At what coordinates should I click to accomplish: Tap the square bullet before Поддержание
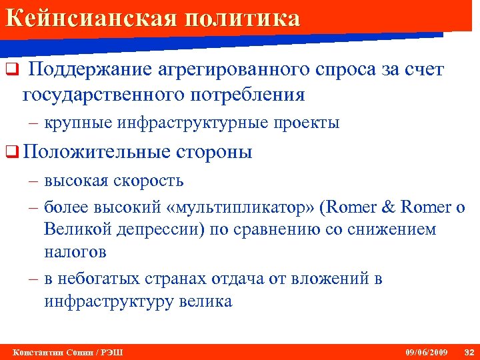[x=10, y=70]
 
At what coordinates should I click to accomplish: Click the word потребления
[x=249, y=95]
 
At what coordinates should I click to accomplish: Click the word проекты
[x=307, y=123]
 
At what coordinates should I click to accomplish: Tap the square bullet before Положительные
[x=10, y=153]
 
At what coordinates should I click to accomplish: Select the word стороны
[x=215, y=152]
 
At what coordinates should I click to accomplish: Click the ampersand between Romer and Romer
[x=387, y=207]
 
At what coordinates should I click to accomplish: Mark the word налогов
[x=75, y=253]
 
